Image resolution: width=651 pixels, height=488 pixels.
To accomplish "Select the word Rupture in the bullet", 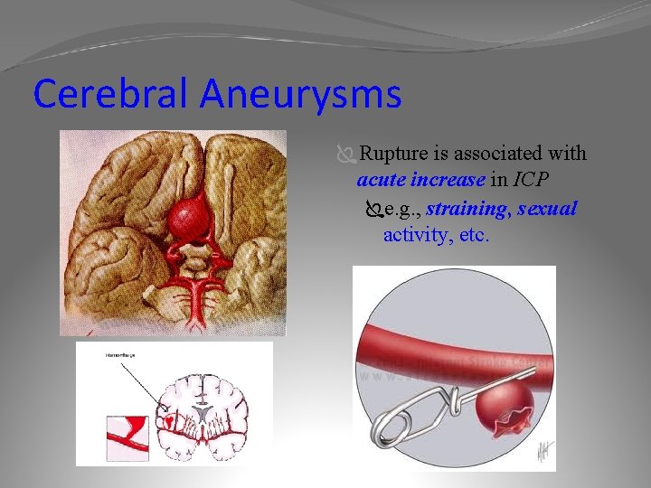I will click(393, 155).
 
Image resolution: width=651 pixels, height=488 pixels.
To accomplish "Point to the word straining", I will click(467, 210).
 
